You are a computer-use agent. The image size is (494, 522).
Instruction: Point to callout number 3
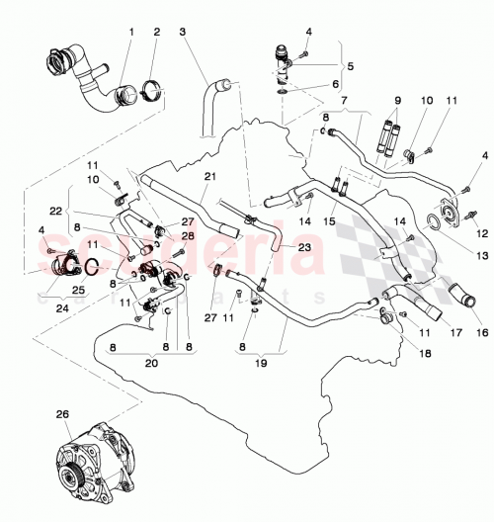tap(183, 31)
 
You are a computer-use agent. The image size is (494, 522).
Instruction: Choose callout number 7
tap(343, 102)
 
